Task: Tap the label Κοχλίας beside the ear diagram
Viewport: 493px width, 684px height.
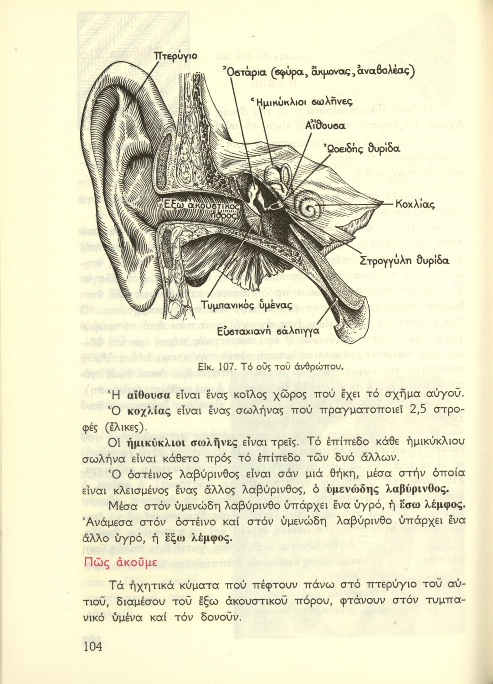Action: point(415,204)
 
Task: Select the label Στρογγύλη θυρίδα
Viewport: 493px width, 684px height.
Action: point(404,261)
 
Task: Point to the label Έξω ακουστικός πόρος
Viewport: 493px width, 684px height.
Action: point(199,209)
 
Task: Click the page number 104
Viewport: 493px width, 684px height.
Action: point(92,646)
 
